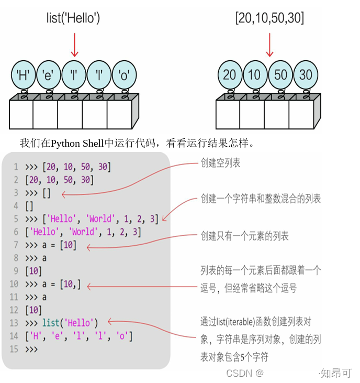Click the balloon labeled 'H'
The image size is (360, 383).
(x=23, y=75)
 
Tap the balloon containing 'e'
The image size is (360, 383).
(x=49, y=75)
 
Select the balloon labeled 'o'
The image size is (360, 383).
(x=125, y=75)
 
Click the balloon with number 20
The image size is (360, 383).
(x=230, y=75)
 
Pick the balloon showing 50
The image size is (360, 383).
(x=280, y=75)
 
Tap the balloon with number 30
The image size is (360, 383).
(x=306, y=75)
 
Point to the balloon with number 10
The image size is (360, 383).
(x=255, y=75)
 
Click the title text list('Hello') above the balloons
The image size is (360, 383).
(x=73, y=19)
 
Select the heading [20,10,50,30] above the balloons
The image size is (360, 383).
(x=269, y=19)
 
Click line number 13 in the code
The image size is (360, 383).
(x=14, y=323)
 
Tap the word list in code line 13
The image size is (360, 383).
(x=51, y=323)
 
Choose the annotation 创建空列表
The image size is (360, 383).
(x=220, y=163)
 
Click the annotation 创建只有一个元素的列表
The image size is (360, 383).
(x=244, y=236)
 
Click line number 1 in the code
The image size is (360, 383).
(x=16, y=167)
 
